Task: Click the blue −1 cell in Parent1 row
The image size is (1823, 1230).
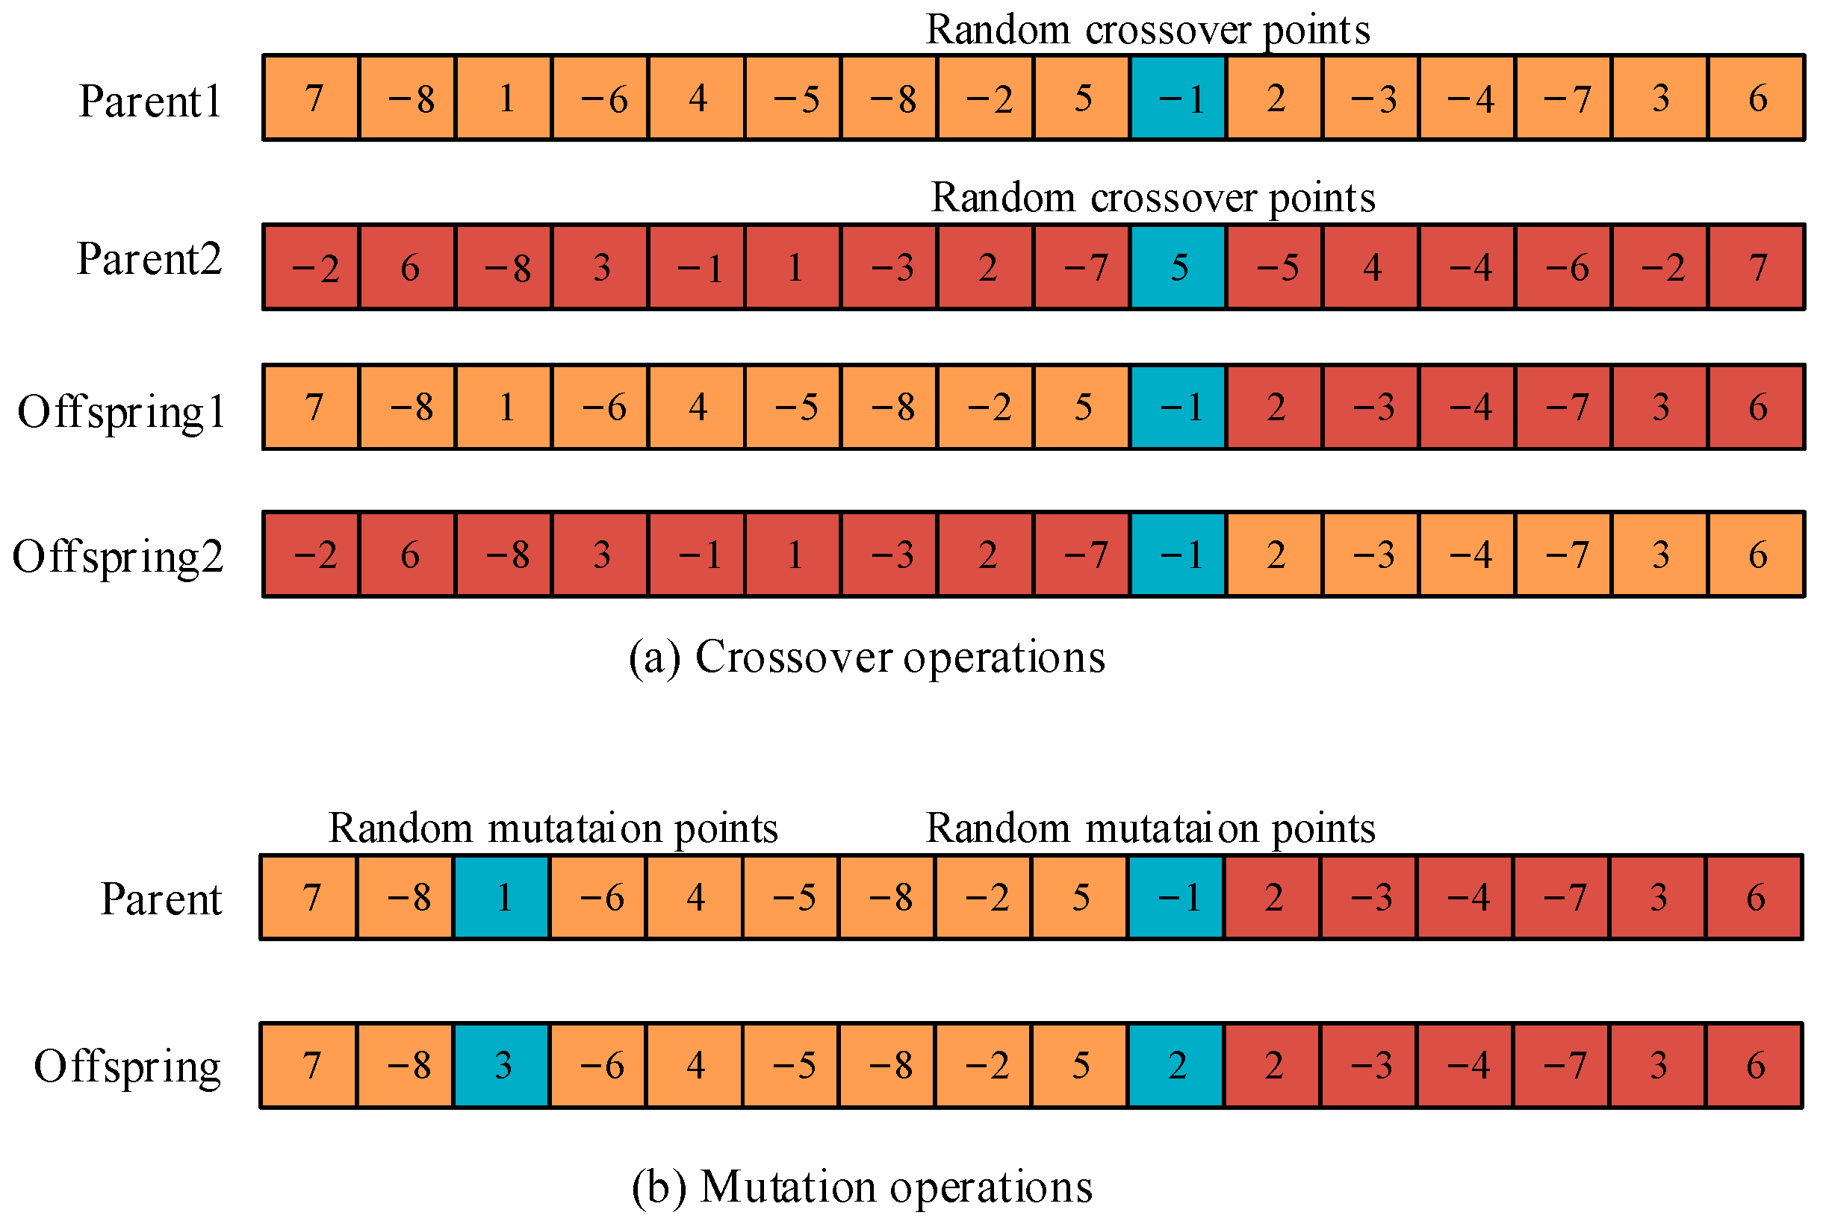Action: (1178, 98)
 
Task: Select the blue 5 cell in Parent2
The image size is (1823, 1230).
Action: (1178, 267)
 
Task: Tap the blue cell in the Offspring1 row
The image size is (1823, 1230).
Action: (1178, 407)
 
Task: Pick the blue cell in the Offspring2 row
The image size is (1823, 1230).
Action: (1178, 555)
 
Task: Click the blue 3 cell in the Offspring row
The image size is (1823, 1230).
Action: (502, 1064)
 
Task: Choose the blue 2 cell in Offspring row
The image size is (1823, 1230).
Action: (1176, 1064)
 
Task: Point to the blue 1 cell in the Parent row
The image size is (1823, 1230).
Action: (502, 897)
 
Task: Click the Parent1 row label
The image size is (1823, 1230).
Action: (150, 101)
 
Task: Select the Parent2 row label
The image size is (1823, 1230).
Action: (149, 259)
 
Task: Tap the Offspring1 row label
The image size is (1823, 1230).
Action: (122, 412)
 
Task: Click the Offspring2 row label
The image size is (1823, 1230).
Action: (119, 558)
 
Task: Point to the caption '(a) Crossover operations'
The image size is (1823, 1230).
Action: (866, 657)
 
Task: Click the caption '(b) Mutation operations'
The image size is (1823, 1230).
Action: (861, 1186)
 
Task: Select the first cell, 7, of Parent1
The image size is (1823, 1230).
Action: (311, 98)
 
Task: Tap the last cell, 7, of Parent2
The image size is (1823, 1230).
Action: (1757, 267)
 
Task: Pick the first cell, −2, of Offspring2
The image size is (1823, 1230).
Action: (311, 555)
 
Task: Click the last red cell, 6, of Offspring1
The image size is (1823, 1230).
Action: (1757, 407)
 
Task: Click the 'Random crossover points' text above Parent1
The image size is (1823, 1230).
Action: (1148, 30)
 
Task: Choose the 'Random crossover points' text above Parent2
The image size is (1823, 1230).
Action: (1152, 198)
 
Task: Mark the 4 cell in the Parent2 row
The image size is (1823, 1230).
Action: (1371, 267)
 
